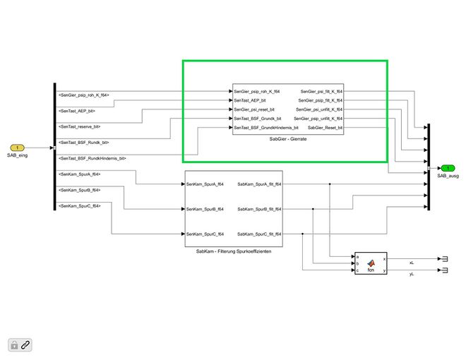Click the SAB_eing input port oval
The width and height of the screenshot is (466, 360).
pyautogui.click(x=18, y=148)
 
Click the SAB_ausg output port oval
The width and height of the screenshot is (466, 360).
pyautogui.click(x=447, y=168)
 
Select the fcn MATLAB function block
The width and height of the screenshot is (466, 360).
pyautogui.click(x=371, y=263)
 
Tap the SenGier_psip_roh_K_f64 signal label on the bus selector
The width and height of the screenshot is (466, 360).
pyautogui.click(x=84, y=95)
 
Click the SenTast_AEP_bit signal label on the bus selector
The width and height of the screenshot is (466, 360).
pyautogui.click(x=77, y=111)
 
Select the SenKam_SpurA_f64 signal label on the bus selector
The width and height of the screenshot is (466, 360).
pyautogui.click(x=80, y=174)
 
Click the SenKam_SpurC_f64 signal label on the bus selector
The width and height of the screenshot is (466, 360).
pyautogui.click(x=80, y=205)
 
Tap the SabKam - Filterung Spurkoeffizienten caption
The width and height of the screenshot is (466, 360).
pyautogui.click(x=233, y=251)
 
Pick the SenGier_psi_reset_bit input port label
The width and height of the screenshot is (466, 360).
pyautogui.click(x=255, y=109)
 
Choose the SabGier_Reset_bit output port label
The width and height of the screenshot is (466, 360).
pyautogui.click(x=325, y=128)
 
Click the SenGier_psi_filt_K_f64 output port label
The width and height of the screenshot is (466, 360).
pyautogui.click(x=321, y=92)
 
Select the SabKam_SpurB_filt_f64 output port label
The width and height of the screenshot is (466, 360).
pyautogui.click(x=259, y=209)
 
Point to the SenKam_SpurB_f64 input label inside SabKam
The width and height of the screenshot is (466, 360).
pyautogui.click(x=205, y=209)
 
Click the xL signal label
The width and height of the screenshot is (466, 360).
pyautogui.click(x=412, y=262)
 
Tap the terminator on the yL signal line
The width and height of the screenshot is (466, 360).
pyautogui.click(x=444, y=271)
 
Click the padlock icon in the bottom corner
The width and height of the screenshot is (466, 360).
pyautogui.click(x=13, y=344)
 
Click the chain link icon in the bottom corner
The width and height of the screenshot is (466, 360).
pyautogui.click(x=25, y=344)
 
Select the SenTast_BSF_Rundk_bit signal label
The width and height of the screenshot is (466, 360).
pyautogui.click(x=83, y=142)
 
